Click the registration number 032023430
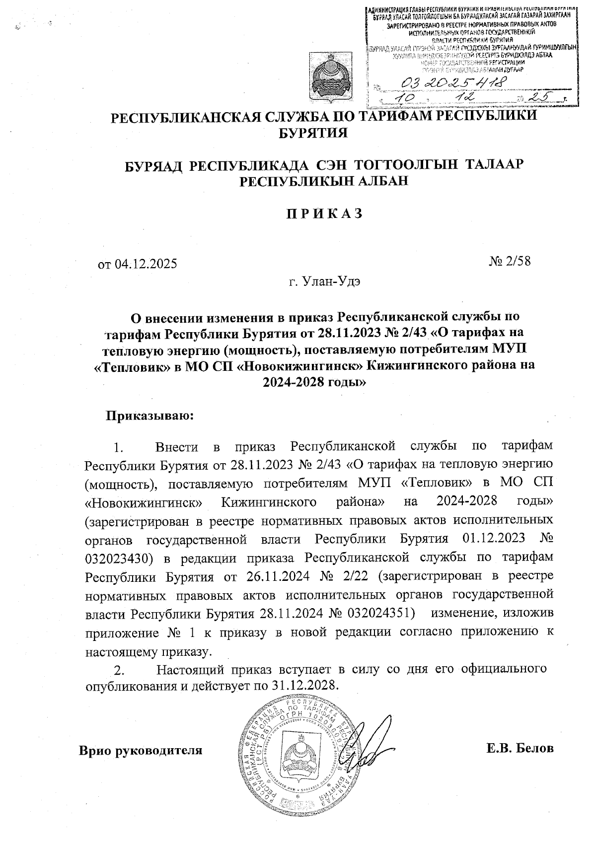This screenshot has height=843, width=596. tap(118, 558)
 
